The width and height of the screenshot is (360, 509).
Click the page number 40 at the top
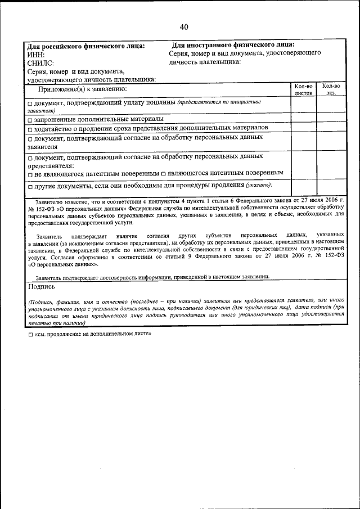(184, 27)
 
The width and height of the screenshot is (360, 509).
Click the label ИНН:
(37, 55)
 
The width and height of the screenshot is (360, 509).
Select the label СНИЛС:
(41, 64)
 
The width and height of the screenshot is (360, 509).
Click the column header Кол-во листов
(303, 89)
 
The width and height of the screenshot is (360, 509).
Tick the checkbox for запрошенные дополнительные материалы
(30, 120)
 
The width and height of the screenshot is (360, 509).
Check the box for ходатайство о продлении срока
(30, 128)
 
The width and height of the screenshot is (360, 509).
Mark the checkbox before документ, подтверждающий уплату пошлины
(30, 104)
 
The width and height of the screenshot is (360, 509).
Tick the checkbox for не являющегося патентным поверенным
(30, 173)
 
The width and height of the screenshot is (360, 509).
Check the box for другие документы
(30, 186)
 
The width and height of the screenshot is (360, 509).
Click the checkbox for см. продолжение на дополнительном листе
(30, 334)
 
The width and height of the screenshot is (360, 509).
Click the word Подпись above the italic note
(41, 286)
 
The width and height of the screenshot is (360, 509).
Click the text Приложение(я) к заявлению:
(82, 89)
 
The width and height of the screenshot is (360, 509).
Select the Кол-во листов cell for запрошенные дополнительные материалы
(303, 119)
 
